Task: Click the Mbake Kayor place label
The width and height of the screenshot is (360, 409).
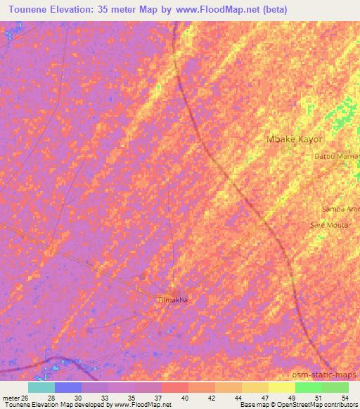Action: pyautogui.click(x=295, y=139)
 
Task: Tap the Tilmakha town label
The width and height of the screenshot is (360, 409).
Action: pyautogui.click(x=173, y=299)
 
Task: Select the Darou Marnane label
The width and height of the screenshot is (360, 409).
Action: pyautogui.click(x=337, y=156)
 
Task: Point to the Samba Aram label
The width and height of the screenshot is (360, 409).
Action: pyautogui.click(x=340, y=209)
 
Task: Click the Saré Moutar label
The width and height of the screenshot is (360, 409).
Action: pyautogui.click(x=330, y=225)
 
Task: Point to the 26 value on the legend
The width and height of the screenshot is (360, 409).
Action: pyautogui.click(x=25, y=397)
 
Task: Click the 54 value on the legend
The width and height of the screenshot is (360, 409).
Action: pyautogui.click(x=344, y=397)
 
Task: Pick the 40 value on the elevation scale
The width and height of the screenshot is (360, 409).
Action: pyautogui.click(x=185, y=397)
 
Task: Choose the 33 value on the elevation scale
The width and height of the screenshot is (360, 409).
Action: pyautogui.click(x=105, y=397)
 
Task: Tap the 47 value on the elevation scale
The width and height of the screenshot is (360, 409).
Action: pyautogui.click(x=264, y=397)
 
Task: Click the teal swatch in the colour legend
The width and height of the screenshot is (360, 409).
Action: pyautogui.click(x=41, y=387)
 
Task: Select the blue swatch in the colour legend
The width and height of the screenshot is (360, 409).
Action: pyautogui.click(x=68, y=387)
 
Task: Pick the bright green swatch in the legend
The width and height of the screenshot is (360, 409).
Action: pyautogui.click(x=308, y=387)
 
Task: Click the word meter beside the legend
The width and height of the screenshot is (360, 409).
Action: pyautogui.click(x=10, y=397)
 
